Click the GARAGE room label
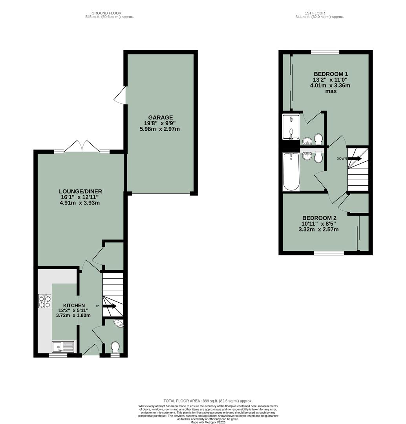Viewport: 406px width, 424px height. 160,117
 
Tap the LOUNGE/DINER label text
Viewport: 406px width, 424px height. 81,192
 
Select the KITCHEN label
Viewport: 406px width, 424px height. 74,305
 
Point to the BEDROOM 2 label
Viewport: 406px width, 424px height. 319,218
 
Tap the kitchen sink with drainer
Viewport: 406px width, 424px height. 63,347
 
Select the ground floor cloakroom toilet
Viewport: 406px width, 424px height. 115,347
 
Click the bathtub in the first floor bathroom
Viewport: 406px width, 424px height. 291,172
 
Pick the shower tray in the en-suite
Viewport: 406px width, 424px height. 291,127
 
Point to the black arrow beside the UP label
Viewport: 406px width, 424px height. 110,306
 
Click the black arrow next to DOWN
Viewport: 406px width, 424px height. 355,159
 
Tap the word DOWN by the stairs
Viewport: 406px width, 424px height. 342,159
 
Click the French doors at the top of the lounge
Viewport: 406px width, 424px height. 81,147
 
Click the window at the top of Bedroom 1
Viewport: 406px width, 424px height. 325,52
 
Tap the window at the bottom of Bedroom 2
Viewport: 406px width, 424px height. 329,253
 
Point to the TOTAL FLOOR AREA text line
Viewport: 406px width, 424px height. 208,400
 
